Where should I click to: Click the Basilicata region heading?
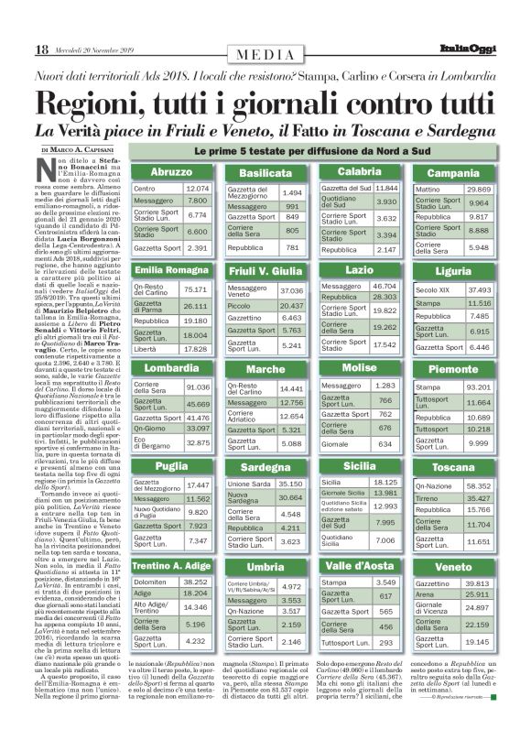[x=265, y=173]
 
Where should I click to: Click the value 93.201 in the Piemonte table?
[x=479, y=388]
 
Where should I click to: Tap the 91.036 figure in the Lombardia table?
[x=197, y=386]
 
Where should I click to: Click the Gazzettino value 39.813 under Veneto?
[x=479, y=582]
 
